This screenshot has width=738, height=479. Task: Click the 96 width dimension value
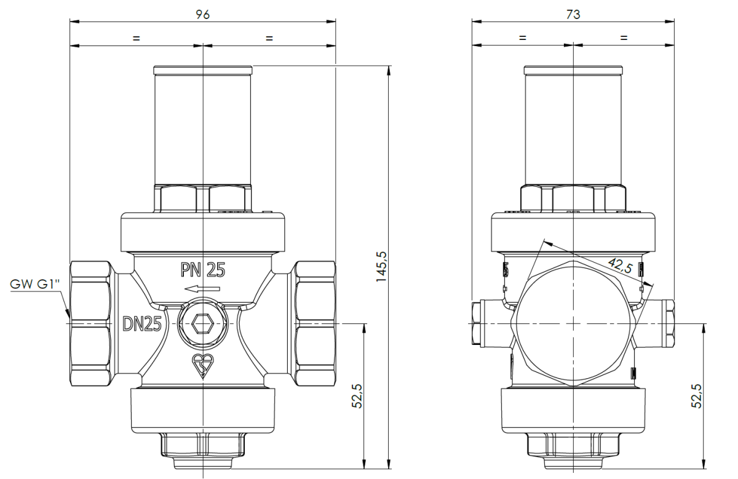pyautogui.click(x=202, y=15)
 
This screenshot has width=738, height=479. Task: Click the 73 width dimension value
pyautogui.click(x=573, y=15)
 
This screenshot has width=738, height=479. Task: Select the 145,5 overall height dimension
pyautogui.click(x=381, y=266)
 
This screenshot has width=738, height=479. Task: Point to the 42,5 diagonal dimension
pyautogui.click(x=620, y=266)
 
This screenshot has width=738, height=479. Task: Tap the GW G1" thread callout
pyautogui.click(x=35, y=284)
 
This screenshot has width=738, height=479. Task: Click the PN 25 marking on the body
pyautogui.click(x=203, y=270)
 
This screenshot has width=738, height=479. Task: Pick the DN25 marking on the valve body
pyautogui.click(x=142, y=323)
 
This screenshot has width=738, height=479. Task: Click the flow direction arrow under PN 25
pyautogui.click(x=202, y=289)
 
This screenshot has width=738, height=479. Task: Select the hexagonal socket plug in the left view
pyautogui.click(x=203, y=323)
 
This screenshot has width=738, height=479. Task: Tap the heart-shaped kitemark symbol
pyautogui.click(x=203, y=366)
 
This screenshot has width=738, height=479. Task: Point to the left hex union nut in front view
pyautogui.click(x=91, y=323)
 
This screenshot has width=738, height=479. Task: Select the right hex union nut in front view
pyautogui.click(x=315, y=323)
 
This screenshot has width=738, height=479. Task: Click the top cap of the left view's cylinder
pyautogui.click(x=203, y=70)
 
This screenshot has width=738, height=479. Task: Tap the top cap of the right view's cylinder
pyautogui.click(x=573, y=70)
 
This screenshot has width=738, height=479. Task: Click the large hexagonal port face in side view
pyautogui.click(x=573, y=323)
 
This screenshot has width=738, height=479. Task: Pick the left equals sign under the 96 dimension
pyautogui.click(x=137, y=38)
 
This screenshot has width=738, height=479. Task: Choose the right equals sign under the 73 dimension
pyautogui.click(x=624, y=38)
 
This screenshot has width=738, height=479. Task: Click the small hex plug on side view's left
pyautogui.click(x=476, y=323)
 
